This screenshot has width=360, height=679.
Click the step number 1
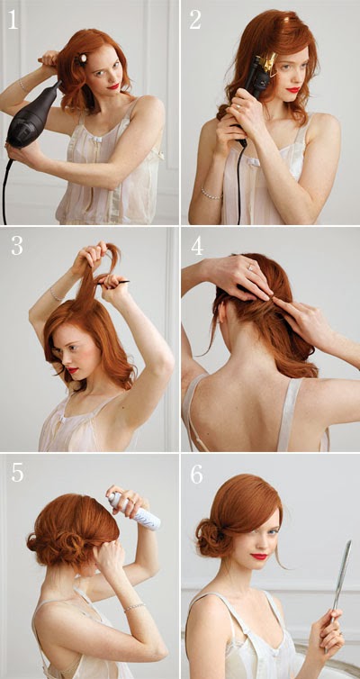pyautogui.click(x=13, y=20)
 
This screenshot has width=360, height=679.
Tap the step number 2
pyautogui.click(x=195, y=20)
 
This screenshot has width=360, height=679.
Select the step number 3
pyautogui.click(x=17, y=246)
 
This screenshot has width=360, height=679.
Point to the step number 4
pyautogui.click(x=197, y=246)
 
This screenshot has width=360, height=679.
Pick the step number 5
pyautogui.click(x=17, y=473)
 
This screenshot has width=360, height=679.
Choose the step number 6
pyautogui.click(x=196, y=475)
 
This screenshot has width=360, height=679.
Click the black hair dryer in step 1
pyautogui.click(x=32, y=117)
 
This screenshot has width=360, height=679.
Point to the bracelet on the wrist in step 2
pyautogui.click(x=211, y=194)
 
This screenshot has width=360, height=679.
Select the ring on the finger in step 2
pyautogui.click(x=238, y=106)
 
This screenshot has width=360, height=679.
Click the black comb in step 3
pyautogui.click(x=113, y=283)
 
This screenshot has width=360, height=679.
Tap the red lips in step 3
pyautogui.click(x=72, y=370)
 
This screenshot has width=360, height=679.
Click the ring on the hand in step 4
pyautogui.click(x=251, y=267)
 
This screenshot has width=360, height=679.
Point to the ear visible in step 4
pyautogui.click(x=221, y=315)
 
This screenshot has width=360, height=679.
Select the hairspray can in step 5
pyautogui.click(x=134, y=512)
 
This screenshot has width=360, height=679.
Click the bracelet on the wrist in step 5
pyautogui.click(x=135, y=608)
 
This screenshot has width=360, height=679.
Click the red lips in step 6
pyautogui.click(x=259, y=556)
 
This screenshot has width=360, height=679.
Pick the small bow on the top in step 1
pyautogui.click(x=98, y=140)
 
